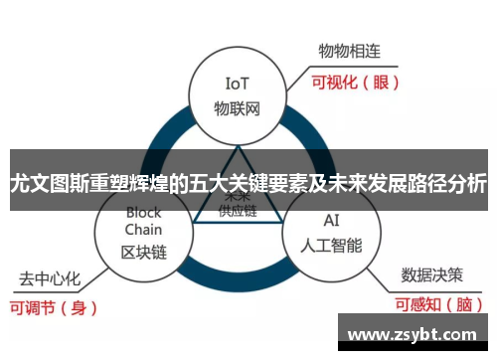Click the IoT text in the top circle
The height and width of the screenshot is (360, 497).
coord(237,84)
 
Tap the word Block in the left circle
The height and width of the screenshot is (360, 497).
coord(143,213)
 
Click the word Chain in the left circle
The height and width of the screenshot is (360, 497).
coord(143,231)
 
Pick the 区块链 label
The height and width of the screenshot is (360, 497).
coord(143,252)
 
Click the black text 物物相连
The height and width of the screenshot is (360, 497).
coord(350,51)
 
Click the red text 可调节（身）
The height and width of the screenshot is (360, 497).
coord(55,307)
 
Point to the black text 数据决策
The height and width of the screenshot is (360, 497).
coord(431,273)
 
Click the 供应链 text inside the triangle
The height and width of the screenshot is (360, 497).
coord(237,211)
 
